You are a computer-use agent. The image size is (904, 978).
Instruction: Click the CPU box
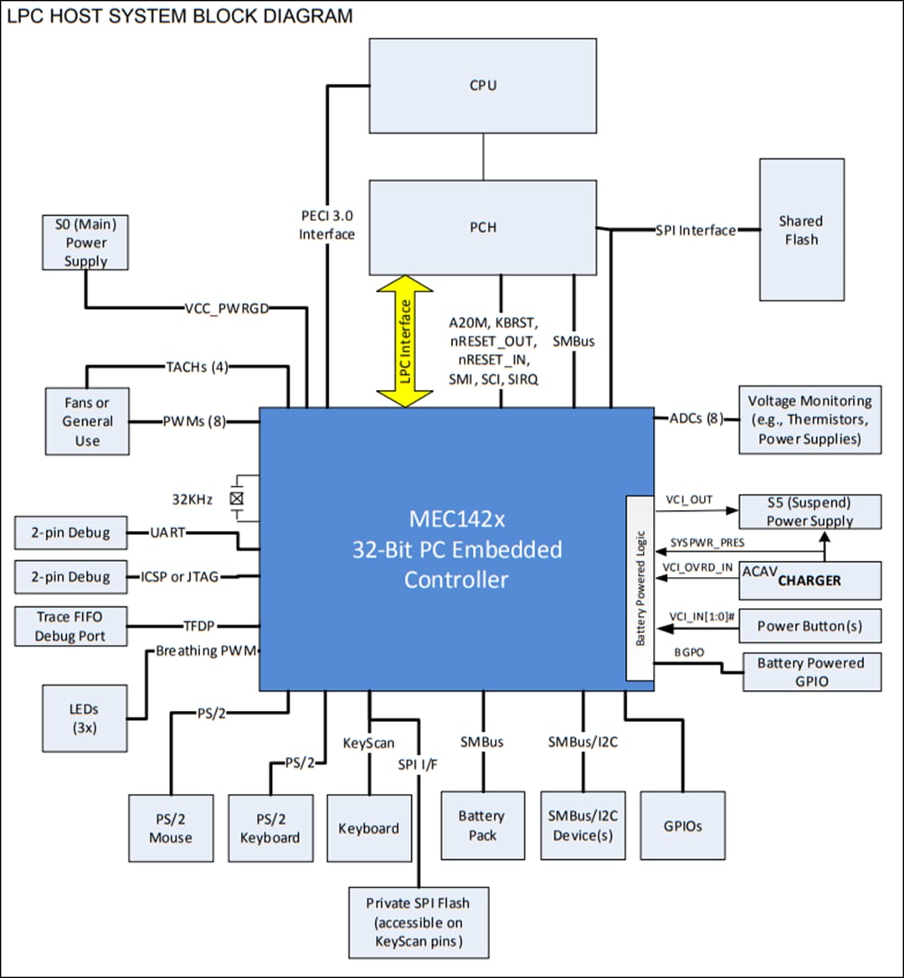(x=483, y=85)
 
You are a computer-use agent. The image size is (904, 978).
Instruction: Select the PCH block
(x=483, y=227)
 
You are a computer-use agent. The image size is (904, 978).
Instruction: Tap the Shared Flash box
(x=801, y=229)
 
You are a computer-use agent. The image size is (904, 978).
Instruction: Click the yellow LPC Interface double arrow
(x=404, y=341)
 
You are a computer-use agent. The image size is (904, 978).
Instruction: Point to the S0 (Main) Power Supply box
(x=86, y=243)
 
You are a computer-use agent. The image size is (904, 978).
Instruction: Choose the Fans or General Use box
(x=87, y=421)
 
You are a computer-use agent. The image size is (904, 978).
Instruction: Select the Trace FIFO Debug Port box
(x=71, y=626)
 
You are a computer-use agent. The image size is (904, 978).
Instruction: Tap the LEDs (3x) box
(x=84, y=718)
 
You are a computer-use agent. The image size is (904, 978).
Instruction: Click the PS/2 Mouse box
(x=170, y=828)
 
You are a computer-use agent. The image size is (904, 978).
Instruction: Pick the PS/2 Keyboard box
(x=270, y=828)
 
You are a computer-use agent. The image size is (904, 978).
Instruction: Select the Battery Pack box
(x=482, y=825)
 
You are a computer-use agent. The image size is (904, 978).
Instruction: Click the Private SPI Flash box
(x=419, y=923)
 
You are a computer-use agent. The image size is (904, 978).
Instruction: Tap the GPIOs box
(x=682, y=826)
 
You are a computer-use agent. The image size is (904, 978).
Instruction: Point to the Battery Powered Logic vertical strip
(x=640, y=588)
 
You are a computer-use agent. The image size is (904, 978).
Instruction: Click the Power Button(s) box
(x=809, y=625)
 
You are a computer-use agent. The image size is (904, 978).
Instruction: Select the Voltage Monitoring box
(x=809, y=420)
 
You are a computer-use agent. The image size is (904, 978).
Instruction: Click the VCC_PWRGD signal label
(x=226, y=307)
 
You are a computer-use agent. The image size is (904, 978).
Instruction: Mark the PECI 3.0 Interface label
(x=327, y=225)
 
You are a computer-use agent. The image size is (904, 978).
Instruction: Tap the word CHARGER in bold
(x=809, y=580)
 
